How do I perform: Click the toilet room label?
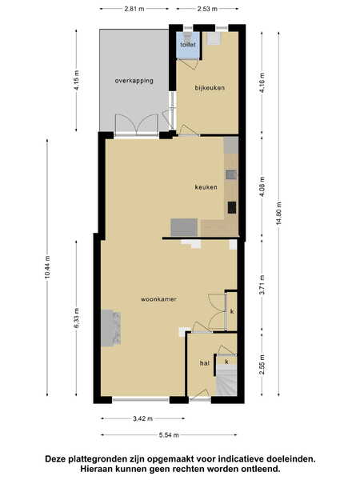(x=188, y=45)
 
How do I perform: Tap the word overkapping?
(x=134, y=81)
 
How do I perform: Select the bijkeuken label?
(x=210, y=88)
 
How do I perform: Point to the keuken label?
(x=206, y=187)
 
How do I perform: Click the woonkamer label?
(x=158, y=299)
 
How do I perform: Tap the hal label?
(x=205, y=363)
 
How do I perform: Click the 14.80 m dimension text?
(x=279, y=214)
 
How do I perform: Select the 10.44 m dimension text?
(x=47, y=267)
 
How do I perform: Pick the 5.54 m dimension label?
(x=169, y=435)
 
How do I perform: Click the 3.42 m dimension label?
(x=142, y=418)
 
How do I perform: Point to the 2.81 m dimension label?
(x=134, y=9)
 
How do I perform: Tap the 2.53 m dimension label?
(x=207, y=9)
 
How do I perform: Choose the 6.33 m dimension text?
(x=77, y=318)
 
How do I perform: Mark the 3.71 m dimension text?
(x=262, y=285)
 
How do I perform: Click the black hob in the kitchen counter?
(x=232, y=207)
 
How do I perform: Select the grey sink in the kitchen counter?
(x=231, y=174)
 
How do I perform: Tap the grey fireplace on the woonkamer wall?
(x=110, y=328)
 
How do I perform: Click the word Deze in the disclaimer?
(x=56, y=459)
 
